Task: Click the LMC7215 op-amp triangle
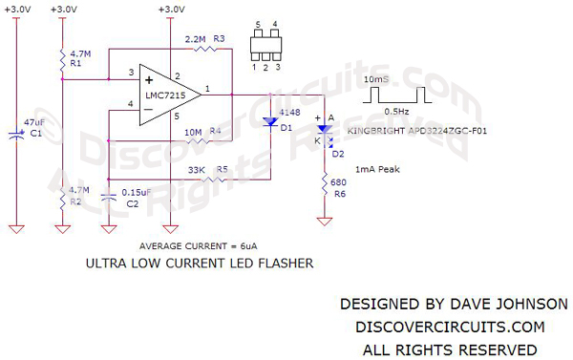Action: (164, 93)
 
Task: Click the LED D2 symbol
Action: (324, 129)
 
